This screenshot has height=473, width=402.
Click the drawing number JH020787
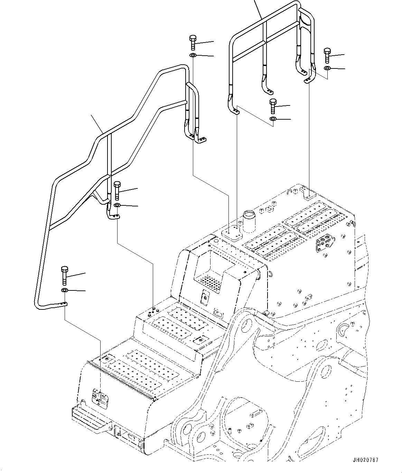tap(365, 460)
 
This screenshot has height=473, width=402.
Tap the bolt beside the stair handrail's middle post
tap(117, 190)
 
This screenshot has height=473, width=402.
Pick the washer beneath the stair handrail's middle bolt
tap(117, 206)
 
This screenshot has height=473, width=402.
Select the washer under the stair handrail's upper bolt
tap(193, 56)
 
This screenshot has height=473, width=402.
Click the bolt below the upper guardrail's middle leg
tap(273, 105)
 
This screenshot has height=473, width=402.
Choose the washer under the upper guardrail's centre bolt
tap(273, 119)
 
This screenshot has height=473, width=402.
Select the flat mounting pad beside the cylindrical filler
tap(231, 232)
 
